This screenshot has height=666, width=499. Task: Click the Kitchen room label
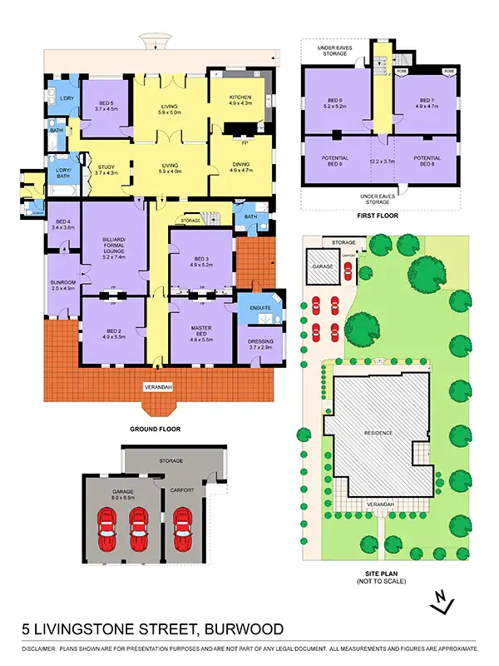(240, 99)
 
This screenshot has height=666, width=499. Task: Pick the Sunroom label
(63, 285)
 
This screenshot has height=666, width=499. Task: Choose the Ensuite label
(259, 309)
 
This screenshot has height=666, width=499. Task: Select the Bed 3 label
(201, 261)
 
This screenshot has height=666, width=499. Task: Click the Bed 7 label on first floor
(425, 102)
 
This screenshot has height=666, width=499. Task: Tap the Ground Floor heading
(155, 429)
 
